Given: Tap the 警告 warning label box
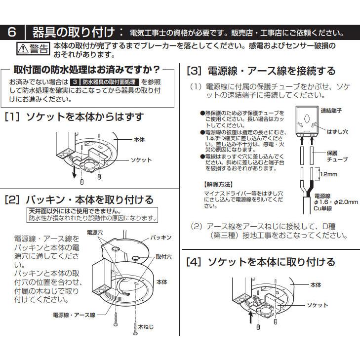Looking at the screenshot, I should (x=34, y=48).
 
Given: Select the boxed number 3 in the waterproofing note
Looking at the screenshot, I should (x=75, y=81).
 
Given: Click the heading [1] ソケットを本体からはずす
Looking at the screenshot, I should (x=74, y=117).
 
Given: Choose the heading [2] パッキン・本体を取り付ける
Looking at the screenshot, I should (x=79, y=200).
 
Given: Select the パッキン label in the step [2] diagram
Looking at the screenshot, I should (x=161, y=238).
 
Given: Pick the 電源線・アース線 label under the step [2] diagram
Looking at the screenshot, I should (x=74, y=315).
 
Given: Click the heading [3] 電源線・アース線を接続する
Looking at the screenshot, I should (x=261, y=71).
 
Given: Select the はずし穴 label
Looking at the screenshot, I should (x=336, y=131).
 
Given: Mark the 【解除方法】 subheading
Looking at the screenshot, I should (x=217, y=184).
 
